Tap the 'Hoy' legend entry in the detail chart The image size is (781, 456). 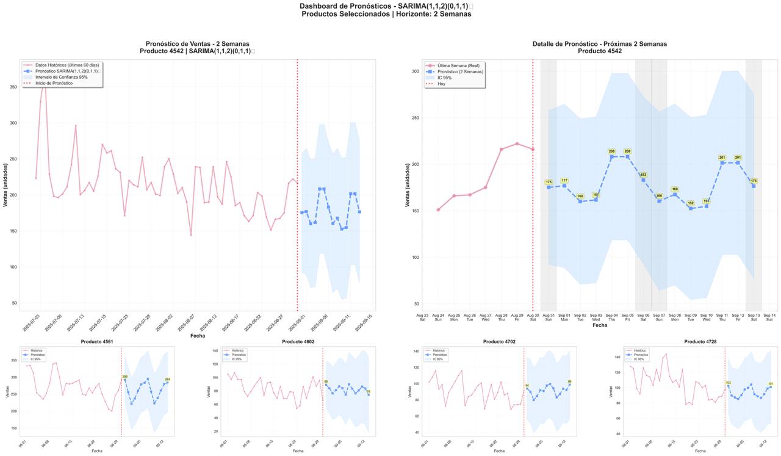[442, 84]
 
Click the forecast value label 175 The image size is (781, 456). [549, 182]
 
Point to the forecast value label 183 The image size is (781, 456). [643, 175]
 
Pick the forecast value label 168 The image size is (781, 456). [675, 189]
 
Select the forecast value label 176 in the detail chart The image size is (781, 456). [754, 181]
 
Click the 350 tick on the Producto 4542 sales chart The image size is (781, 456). [13, 87]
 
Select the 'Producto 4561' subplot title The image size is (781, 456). [96, 342]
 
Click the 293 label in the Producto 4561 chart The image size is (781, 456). [124, 377]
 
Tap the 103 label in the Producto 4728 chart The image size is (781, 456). [728, 383]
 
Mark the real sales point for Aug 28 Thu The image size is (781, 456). [502, 149]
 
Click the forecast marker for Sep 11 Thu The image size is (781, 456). [722, 162]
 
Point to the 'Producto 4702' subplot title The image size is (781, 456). [499, 342]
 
